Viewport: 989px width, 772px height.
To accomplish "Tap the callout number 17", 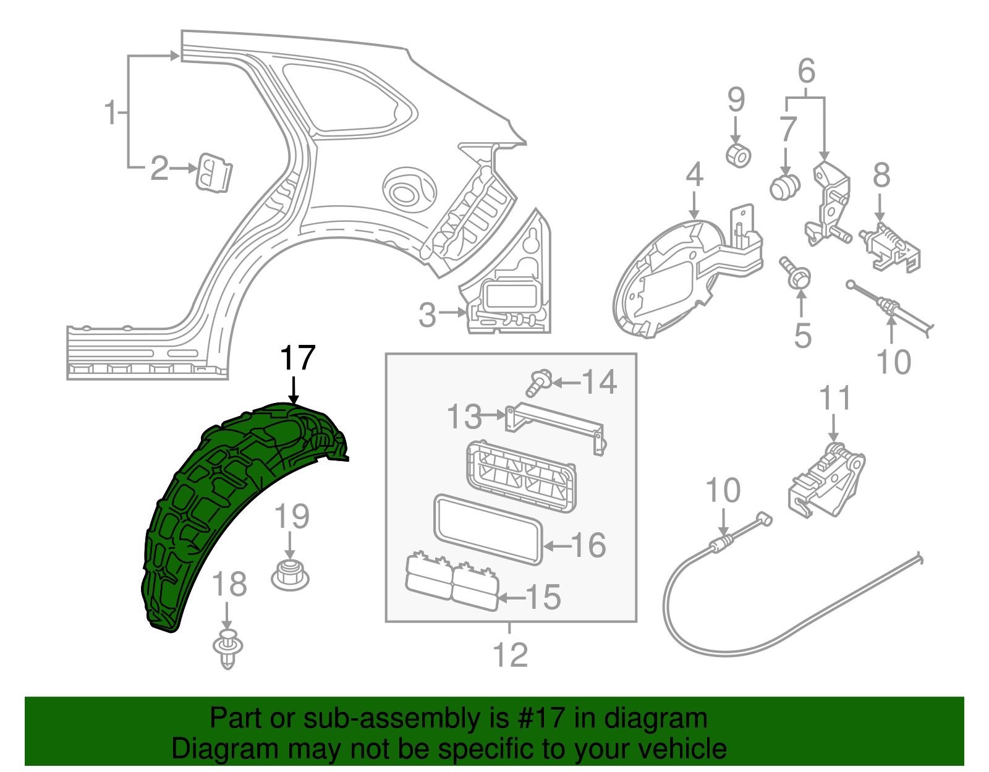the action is pos(298,358).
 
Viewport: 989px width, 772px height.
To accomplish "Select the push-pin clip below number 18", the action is pos(227,649).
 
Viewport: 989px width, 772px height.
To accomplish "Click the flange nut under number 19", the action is pos(290,575).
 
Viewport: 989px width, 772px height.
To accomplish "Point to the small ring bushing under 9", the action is pos(738,156).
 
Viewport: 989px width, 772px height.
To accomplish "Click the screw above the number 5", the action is pos(795,274).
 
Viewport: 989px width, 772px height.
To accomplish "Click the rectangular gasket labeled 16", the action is pos(488,530).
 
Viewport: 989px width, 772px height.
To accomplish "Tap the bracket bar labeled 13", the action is pos(556,428).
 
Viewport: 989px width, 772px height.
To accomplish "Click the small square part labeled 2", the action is pos(214,173).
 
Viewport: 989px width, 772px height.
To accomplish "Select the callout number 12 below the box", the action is pos(510,655).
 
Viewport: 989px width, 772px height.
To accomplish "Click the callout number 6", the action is pos(807,71).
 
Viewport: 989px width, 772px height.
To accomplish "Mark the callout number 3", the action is pos(427,315).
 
